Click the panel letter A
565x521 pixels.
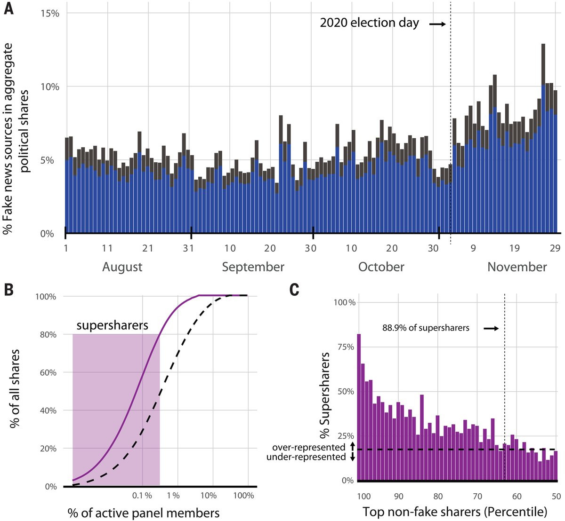click(x=8, y=9)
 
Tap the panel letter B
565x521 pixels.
click(x=8, y=290)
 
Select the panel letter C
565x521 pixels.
click(x=294, y=290)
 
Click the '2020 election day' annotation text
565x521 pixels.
click(x=369, y=23)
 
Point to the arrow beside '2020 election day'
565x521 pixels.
click(x=437, y=24)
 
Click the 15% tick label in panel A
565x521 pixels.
click(x=50, y=13)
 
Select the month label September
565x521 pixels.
click(x=253, y=267)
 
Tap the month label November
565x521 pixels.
click(x=517, y=267)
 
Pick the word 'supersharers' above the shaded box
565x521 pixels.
click(x=113, y=325)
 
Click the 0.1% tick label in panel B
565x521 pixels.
click(x=142, y=496)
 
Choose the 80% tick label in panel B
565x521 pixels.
click(x=48, y=334)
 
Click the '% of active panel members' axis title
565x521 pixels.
click(x=144, y=513)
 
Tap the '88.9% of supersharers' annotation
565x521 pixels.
click(x=426, y=328)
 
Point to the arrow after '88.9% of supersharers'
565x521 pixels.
click(x=491, y=329)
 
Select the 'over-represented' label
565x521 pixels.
click(x=309, y=447)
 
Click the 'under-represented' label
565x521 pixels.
click(x=306, y=457)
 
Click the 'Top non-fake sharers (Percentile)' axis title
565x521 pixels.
click(x=455, y=512)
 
